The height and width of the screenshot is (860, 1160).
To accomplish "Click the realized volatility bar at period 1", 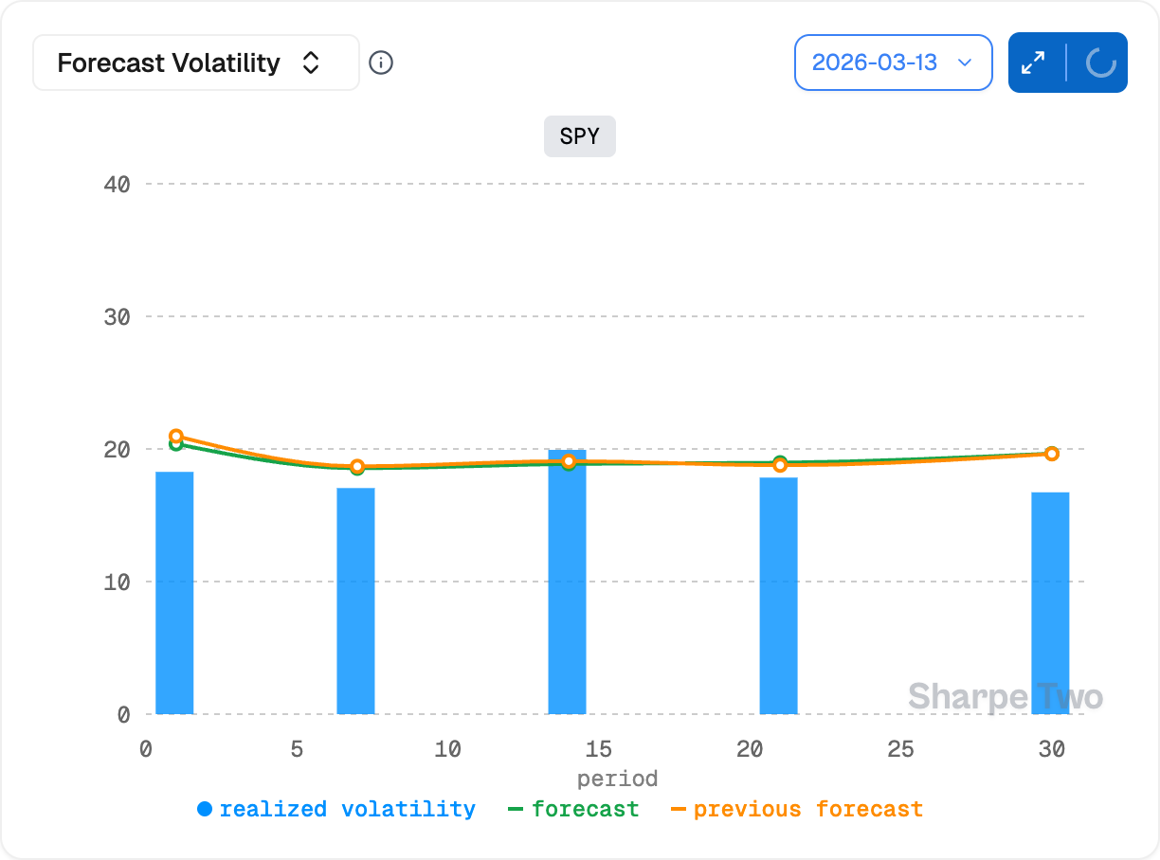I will click(x=174, y=592).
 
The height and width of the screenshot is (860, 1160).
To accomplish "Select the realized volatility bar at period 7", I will click(x=355, y=600).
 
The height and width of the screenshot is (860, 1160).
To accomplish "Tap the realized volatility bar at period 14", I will click(x=567, y=582).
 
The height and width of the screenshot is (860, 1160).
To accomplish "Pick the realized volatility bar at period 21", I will click(x=778, y=595).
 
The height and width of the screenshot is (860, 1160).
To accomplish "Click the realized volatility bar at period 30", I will click(x=1050, y=602).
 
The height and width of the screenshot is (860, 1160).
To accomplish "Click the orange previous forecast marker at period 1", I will click(x=176, y=437).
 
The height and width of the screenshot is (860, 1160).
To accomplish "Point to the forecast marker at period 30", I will click(x=1051, y=454).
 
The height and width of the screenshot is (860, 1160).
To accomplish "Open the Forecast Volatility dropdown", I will click(x=195, y=63).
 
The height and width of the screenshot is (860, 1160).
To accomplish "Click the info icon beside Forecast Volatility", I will click(x=381, y=63).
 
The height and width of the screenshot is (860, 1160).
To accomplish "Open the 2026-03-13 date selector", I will click(x=893, y=63).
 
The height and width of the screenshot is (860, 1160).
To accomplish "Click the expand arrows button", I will click(x=1033, y=63).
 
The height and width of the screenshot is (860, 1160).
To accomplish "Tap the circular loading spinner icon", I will click(x=1099, y=63).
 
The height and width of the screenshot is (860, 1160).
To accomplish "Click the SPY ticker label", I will click(x=579, y=136).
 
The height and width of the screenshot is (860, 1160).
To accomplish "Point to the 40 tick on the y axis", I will click(x=117, y=184).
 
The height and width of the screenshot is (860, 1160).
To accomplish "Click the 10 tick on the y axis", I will click(x=117, y=582).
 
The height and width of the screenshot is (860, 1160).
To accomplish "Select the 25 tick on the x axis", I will click(x=900, y=749).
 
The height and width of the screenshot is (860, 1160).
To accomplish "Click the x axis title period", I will click(x=617, y=779).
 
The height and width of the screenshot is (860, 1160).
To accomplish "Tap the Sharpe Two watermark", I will click(x=1005, y=697).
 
